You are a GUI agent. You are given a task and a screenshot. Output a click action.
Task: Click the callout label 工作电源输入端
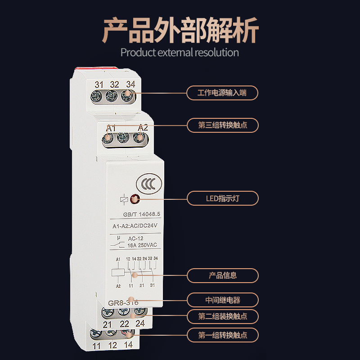pos(223,93)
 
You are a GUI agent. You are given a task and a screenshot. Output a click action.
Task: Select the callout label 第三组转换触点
pos(223,125)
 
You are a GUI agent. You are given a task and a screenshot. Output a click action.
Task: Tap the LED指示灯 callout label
pos(223,198)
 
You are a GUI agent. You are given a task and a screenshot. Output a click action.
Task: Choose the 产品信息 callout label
pos(223,275)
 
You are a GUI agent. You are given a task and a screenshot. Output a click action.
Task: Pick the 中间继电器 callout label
pos(223,300)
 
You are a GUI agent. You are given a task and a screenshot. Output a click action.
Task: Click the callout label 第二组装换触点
pos(223,316)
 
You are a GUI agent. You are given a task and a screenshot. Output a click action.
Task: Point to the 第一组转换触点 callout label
pos(223,335)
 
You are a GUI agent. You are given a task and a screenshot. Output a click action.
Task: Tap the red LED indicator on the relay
pos(134,198)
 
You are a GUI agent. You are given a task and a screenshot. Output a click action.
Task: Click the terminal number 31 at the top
pos(99,84)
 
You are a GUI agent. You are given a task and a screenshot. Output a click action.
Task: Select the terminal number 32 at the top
pos(115,84)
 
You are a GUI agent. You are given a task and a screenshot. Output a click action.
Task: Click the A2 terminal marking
pos(143,128)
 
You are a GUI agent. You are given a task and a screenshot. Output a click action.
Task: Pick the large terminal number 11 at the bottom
pos(97,346)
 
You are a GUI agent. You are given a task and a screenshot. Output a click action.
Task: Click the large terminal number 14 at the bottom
pos(128,346)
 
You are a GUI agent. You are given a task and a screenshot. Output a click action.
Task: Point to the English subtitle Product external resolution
pos(180,52)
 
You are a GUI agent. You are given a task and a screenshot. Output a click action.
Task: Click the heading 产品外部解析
pos(180,30)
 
